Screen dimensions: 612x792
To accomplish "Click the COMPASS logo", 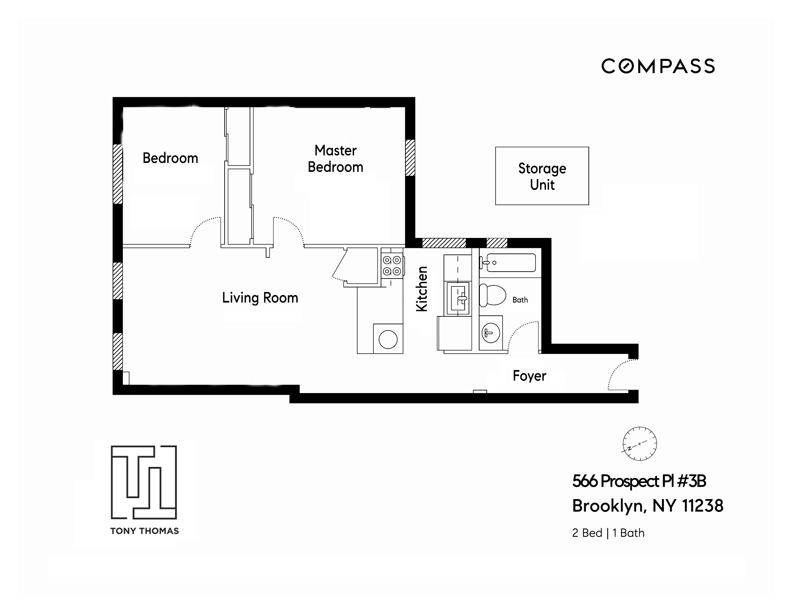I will pyautogui.click(x=658, y=67).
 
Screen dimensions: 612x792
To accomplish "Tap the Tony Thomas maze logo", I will pyautogui.click(x=144, y=482).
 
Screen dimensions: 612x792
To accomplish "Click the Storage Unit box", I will pyautogui.click(x=542, y=176).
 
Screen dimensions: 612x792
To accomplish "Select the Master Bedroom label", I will pyautogui.click(x=336, y=159).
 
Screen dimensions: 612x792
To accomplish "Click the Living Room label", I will pyautogui.click(x=260, y=298).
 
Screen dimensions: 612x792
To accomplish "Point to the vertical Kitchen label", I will pyautogui.click(x=422, y=289).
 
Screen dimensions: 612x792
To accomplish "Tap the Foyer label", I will pyautogui.click(x=529, y=376).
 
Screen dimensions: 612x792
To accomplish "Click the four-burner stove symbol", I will pyautogui.click(x=392, y=265).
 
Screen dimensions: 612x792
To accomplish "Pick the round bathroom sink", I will pyautogui.click(x=490, y=333).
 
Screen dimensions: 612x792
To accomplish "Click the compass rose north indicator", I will pyautogui.click(x=640, y=443).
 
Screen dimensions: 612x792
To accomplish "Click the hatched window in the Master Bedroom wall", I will pyautogui.click(x=410, y=158).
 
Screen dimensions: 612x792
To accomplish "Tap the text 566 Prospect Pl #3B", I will pyautogui.click(x=639, y=481).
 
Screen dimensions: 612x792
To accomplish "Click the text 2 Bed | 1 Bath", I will pyautogui.click(x=608, y=533).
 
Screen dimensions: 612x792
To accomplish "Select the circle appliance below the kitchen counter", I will pyautogui.click(x=388, y=339).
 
